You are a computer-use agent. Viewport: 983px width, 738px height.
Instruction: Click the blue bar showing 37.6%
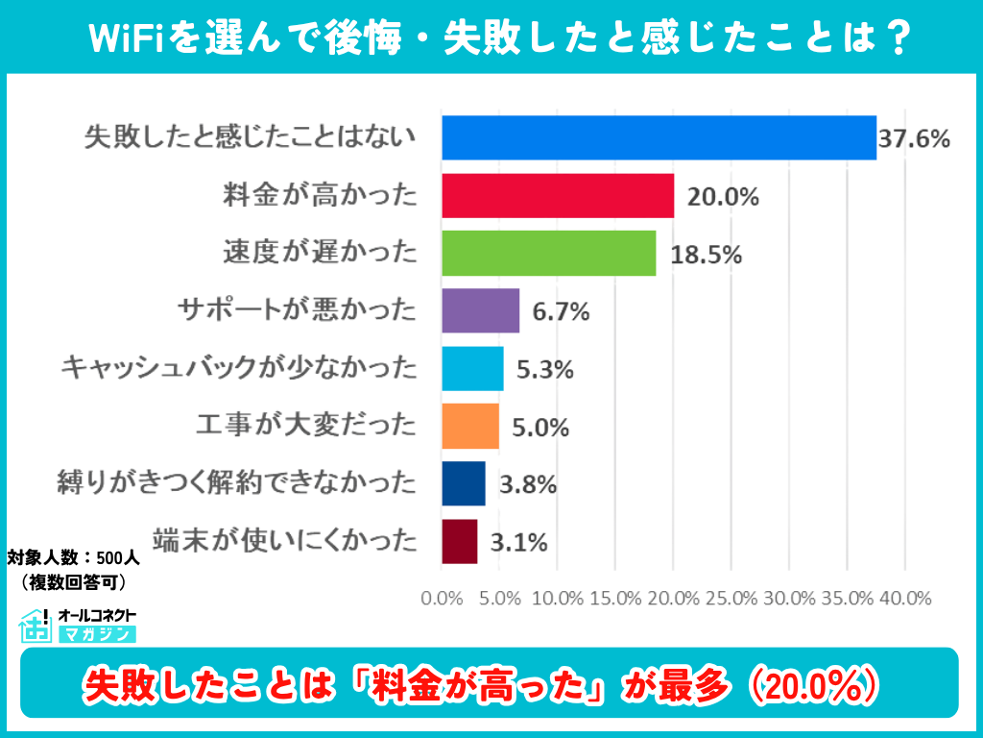click(x=659, y=137)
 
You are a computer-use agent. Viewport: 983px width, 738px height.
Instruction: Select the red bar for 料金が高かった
click(x=558, y=195)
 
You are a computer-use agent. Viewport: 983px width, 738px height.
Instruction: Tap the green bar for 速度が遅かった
click(x=548, y=253)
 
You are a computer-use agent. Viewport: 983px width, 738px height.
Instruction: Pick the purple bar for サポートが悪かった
click(x=480, y=310)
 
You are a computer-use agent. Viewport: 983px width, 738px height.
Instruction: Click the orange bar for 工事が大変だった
click(x=470, y=426)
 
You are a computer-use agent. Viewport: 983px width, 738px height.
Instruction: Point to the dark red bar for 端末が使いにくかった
click(x=459, y=541)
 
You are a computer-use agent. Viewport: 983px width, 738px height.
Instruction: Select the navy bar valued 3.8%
click(x=464, y=483)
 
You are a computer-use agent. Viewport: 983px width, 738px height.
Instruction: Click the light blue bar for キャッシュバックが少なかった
click(x=472, y=368)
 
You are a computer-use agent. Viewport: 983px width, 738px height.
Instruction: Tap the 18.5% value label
click(x=707, y=255)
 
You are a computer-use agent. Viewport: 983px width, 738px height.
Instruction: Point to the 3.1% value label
click(x=518, y=543)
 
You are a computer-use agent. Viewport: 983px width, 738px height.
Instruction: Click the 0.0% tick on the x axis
click(x=442, y=598)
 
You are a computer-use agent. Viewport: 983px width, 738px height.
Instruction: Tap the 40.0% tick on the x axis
click(x=904, y=598)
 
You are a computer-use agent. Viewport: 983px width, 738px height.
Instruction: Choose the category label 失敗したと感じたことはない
click(x=251, y=137)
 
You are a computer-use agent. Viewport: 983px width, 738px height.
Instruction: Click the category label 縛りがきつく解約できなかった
click(x=238, y=483)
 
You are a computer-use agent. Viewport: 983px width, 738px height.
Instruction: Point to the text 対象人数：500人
click(x=74, y=557)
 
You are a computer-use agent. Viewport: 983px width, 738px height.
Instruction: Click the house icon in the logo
click(x=35, y=625)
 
